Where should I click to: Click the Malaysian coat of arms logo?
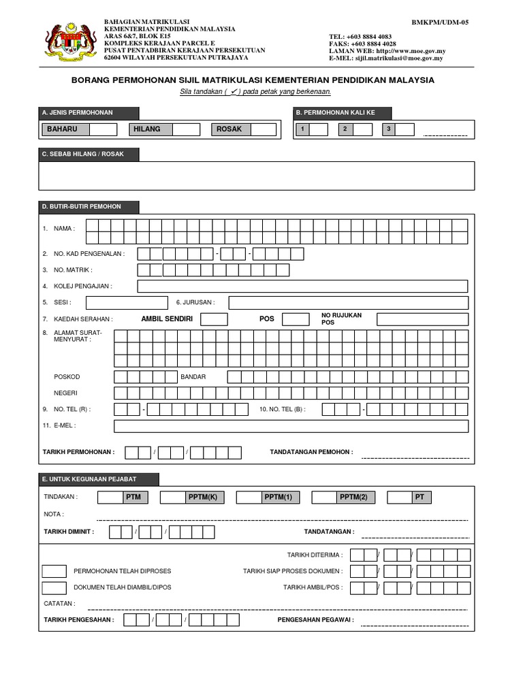coord(67,42)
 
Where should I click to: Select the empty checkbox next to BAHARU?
coord(104,129)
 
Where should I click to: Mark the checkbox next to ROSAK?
coord(263,129)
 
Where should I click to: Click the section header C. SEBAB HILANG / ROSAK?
coord(89,155)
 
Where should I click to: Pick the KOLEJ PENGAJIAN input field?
coord(302,287)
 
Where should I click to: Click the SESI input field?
coord(127,303)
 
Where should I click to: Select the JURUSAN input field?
coord(348,303)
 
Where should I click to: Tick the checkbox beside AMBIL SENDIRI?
coord(215,319)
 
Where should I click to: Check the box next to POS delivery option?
coord(296,319)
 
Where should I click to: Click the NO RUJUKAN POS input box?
coord(422,319)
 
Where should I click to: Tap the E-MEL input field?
coord(291,426)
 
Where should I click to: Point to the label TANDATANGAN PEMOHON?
coord(311,452)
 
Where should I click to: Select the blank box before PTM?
coord(110,498)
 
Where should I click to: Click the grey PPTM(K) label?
coord(202,498)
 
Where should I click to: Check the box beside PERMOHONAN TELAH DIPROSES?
coord(54,570)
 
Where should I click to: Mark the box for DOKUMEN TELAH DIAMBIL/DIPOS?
coord(54,587)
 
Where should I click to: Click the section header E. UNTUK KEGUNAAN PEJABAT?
coord(99,479)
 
